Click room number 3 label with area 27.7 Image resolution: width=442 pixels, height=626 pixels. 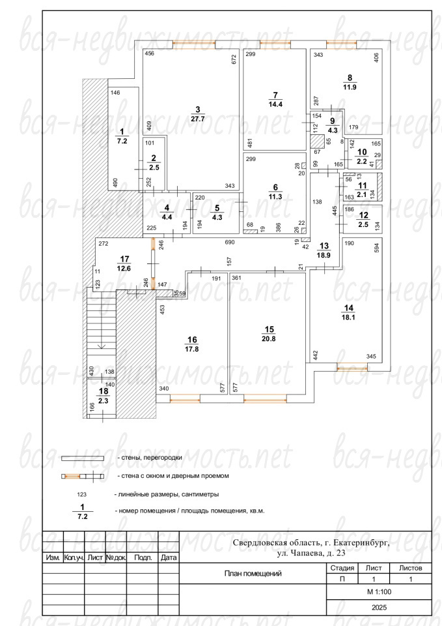[198, 114]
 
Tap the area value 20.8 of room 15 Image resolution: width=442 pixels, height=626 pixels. [269, 339]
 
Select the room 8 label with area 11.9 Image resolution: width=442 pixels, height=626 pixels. [350, 83]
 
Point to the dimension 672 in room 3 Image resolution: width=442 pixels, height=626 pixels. [234, 59]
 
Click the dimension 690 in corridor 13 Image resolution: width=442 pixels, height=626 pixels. [230, 243]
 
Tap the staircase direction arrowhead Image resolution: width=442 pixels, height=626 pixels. [102, 346]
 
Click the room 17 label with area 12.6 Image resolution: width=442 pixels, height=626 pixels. [124, 264]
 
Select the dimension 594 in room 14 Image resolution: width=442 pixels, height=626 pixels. [377, 248]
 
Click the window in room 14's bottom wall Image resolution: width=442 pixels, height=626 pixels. [352, 368]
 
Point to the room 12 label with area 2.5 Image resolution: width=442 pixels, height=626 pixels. [364, 220]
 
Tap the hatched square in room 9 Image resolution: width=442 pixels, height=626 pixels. [318, 142]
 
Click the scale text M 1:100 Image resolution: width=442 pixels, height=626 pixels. [379, 591]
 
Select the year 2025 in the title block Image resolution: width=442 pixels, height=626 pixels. [379, 608]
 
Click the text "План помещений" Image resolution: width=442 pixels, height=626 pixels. [253, 573]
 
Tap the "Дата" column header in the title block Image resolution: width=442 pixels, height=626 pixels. [169, 558]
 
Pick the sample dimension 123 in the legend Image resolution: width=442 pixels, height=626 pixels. [81, 494]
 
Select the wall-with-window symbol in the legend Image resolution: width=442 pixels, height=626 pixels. [83, 476]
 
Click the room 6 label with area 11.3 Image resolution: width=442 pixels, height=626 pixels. [275, 192]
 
